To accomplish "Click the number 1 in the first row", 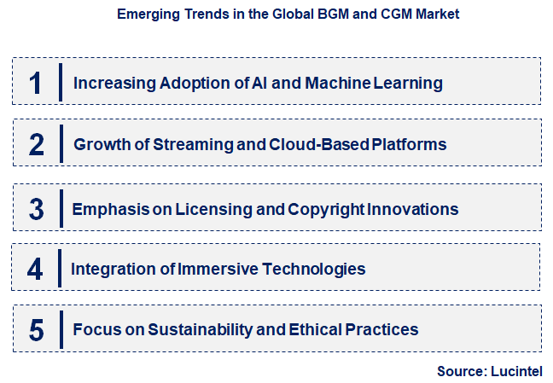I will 35,83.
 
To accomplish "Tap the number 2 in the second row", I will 36,144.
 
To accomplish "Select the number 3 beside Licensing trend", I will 36,209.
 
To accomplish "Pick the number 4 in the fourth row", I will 35,269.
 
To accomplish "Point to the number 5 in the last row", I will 36,329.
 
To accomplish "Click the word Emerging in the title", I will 148,15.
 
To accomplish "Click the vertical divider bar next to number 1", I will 61,82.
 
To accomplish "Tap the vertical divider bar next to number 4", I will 60,268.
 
